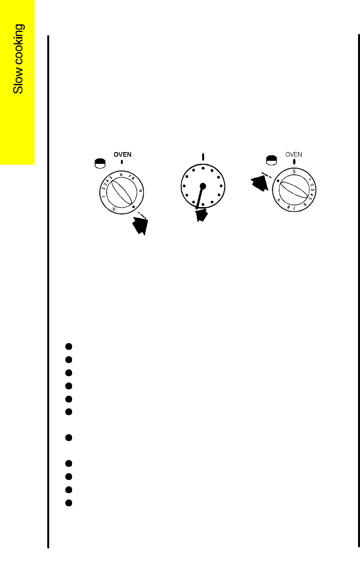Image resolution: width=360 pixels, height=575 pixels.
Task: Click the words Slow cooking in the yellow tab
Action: pyautogui.click(x=18, y=58)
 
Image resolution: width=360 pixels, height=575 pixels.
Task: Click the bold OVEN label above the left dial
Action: pyautogui.click(x=122, y=155)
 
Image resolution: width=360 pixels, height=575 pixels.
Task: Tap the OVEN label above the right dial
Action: pyautogui.click(x=294, y=154)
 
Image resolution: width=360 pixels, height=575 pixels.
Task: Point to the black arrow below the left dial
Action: pyautogui.click(x=140, y=226)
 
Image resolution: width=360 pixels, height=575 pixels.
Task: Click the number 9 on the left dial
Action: pyautogui.click(x=141, y=191)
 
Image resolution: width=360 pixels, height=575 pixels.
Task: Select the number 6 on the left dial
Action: pyautogui.click(x=121, y=175)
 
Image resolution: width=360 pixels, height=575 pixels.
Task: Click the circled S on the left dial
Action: pyautogui.click(x=114, y=210)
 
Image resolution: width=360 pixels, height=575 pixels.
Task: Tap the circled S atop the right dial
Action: pyautogui.click(x=294, y=171)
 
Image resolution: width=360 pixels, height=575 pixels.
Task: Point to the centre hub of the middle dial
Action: pyautogui.click(x=203, y=186)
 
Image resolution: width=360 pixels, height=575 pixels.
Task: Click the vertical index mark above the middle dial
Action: pyautogui.click(x=203, y=157)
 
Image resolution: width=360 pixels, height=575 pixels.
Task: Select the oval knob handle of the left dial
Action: pyautogui.click(x=121, y=192)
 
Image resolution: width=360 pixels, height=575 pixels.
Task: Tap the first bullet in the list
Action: pyautogui.click(x=69, y=346)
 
